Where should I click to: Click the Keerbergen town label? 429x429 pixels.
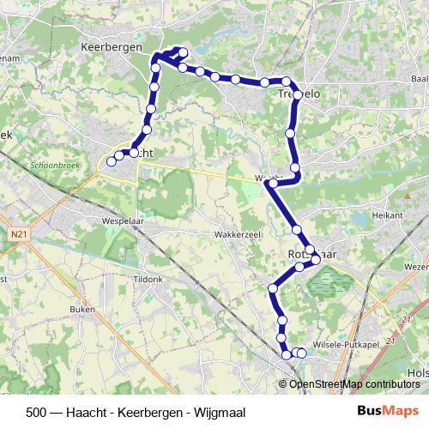click(110, 48)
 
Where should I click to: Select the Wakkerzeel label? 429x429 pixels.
click(238, 233)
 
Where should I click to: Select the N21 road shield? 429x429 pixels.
click(21, 233)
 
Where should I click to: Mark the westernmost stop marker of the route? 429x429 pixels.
click(111, 160)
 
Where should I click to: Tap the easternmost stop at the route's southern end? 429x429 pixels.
click(301, 353)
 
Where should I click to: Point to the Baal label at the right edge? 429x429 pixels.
click(419, 79)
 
